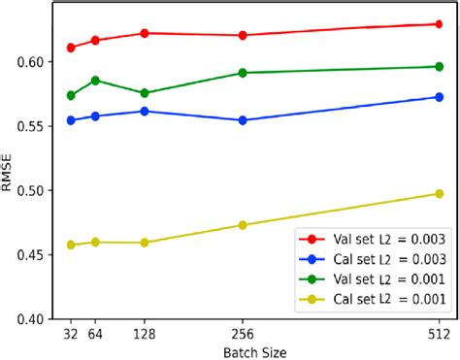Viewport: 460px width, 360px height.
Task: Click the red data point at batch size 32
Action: coord(71,48)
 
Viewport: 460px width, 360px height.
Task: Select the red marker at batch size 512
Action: coord(439,24)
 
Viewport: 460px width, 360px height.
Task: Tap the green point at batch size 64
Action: coord(95,81)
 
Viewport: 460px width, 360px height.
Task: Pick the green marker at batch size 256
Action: coord(243,73)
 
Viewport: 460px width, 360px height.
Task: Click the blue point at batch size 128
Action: coord(145,112)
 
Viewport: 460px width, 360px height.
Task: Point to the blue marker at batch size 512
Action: coord(439,97)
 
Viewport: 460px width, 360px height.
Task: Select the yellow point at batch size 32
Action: coord(71,245)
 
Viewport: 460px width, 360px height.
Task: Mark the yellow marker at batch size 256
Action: coord(243,225)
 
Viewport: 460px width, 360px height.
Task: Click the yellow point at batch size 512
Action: coord(439,194)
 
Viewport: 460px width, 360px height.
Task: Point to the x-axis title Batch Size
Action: coord(254,351)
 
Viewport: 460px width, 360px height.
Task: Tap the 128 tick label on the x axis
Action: coord(145,332)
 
